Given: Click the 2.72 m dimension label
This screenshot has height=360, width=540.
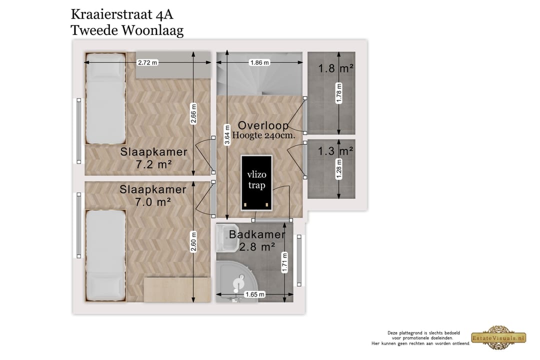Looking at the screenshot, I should click(x=147, y=62).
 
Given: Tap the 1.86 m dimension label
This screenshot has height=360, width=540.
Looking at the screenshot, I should click(x=259, y=62).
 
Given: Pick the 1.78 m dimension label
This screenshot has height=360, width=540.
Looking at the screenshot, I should click(x=339, y=94).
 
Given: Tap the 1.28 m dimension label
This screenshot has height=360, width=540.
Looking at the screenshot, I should click(x=339, y=168).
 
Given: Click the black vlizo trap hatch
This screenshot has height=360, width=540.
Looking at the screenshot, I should click(x=256, y=182).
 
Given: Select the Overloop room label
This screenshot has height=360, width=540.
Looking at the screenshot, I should click(x=262, y=125).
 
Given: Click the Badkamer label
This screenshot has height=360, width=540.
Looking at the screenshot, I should click(x=257, y=234).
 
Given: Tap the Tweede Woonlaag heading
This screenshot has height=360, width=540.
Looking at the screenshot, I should click(x=127, y=30).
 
